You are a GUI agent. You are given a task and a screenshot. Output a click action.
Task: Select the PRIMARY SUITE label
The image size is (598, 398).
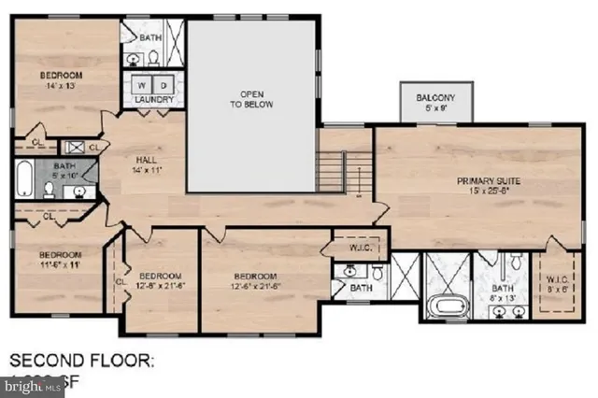(488, 180)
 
